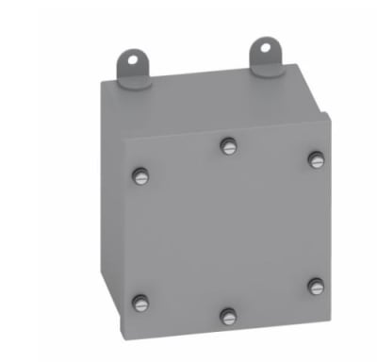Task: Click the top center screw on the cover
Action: tap(228, 145)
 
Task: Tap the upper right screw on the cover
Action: tap(316, 159)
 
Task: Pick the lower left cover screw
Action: tap(141, 303)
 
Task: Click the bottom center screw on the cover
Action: tap(228, 316)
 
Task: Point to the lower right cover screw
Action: tap(316, 286)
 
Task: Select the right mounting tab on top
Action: tap(267, 52)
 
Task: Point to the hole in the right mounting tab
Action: tap(269, 46)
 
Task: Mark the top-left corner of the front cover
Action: tap(128, 139)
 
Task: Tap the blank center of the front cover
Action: tap(229, 231)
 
